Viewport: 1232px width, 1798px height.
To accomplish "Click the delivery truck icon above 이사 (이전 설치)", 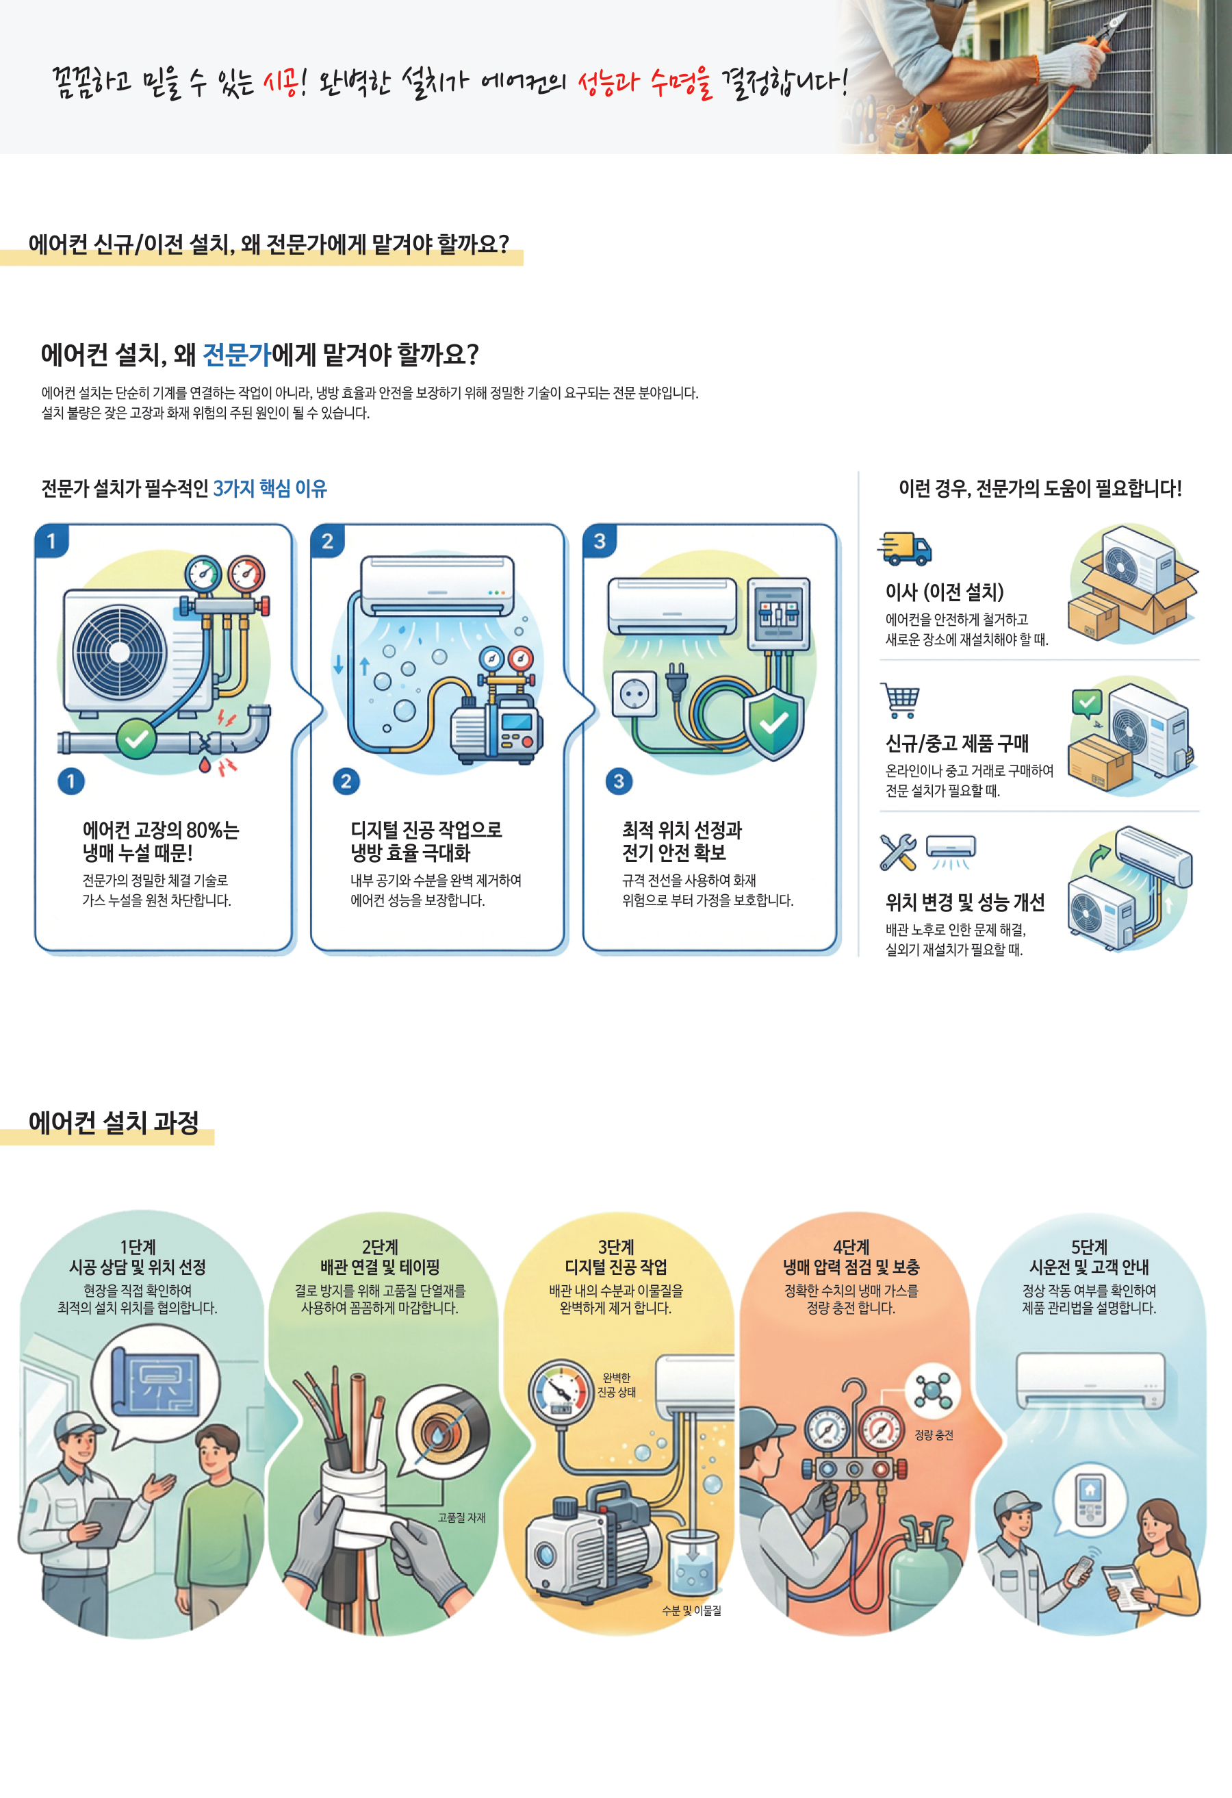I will coord(905,548).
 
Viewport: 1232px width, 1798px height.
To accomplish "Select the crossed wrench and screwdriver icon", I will coord(898,852).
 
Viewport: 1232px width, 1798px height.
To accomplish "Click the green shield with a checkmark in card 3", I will coord(773,724).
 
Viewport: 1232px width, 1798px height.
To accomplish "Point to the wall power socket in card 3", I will coord(634,694).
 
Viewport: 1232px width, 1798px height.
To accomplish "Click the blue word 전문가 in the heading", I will coord(236,355).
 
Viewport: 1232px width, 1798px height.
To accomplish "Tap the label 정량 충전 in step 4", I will coord(934,1435).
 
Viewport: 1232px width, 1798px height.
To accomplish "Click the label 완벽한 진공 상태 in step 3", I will coord(617,1385).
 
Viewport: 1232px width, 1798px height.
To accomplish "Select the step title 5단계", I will coord(1089,1247).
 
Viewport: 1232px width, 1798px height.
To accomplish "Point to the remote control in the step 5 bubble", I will coord(1090,1499).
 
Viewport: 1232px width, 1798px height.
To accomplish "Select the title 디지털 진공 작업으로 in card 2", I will coord(426,830).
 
